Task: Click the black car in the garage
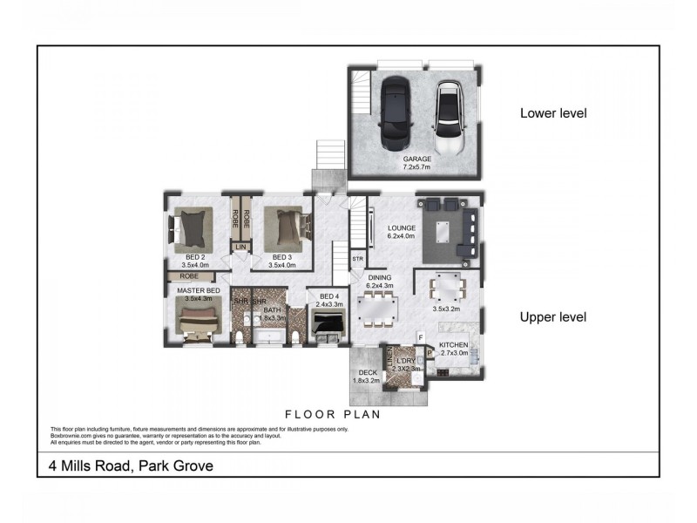point(394,114)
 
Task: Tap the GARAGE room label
point(416,160)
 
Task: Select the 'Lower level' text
point(553,113)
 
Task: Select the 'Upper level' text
point(552,316)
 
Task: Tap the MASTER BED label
point(198,289)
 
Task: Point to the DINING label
point(380,277)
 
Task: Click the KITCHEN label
point(453,345)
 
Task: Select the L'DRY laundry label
point(406,361)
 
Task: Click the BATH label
point(273,309)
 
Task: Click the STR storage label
point(357,259)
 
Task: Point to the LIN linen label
point(241,248)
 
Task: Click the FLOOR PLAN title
point(333,415)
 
